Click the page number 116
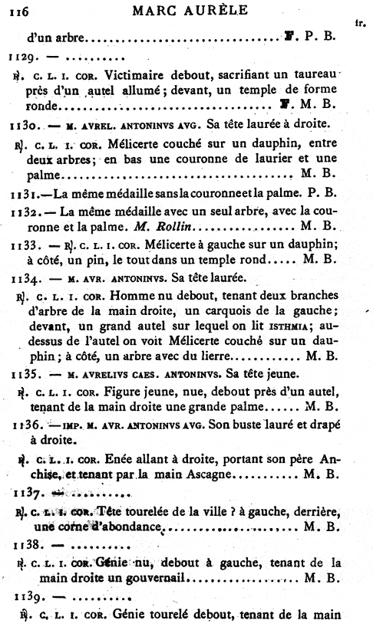19,11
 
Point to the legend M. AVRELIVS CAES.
102,375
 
